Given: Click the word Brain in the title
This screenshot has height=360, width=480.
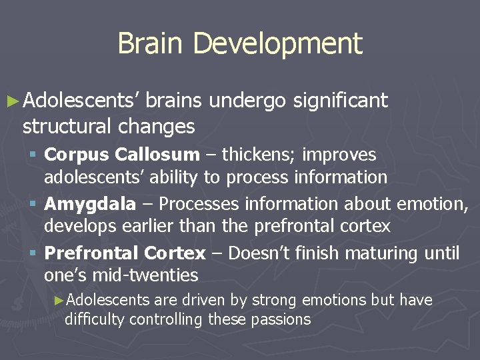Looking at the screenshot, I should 151,43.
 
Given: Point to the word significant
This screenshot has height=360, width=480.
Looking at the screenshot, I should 340,101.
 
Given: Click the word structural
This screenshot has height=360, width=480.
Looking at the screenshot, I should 67,125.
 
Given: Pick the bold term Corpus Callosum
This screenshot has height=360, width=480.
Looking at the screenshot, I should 121,155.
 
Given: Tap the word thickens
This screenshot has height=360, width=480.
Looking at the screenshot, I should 259,155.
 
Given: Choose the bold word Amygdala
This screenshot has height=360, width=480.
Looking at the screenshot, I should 90,204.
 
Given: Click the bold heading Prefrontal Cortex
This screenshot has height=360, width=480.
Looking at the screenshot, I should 125,253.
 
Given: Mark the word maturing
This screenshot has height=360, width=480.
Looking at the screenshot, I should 381,253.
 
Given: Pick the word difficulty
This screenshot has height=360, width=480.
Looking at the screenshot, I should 95,319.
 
